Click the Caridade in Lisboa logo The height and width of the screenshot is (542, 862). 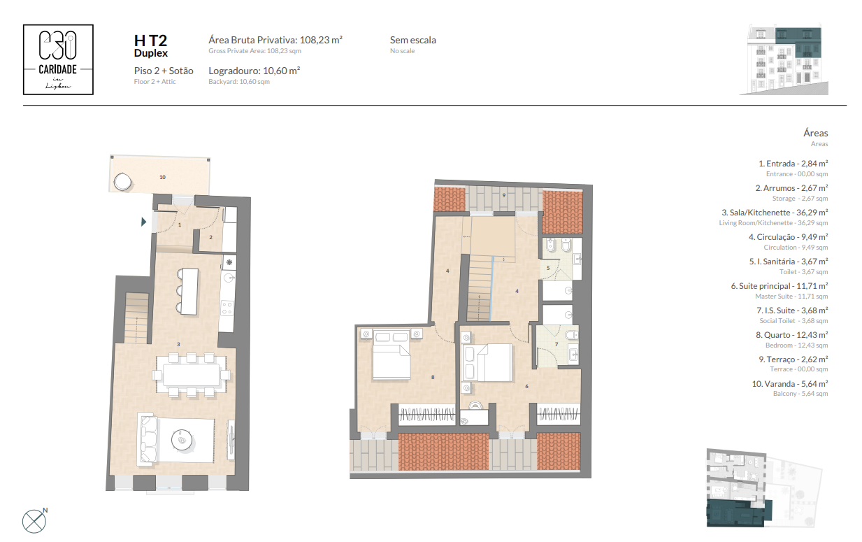tap(58, 59)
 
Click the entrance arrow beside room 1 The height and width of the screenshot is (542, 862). tap(143, 222)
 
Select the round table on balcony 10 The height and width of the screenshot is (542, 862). tap(123, 182)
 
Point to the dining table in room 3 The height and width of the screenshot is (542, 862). tap(192, 375)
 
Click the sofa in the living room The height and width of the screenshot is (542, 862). tap(148, 438)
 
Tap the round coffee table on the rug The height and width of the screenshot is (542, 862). tap(182, 440)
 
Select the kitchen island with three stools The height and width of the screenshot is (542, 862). tap(189, 292)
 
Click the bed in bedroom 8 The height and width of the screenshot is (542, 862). tap(392, 354)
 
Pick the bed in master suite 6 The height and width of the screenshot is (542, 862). tap(487, 363)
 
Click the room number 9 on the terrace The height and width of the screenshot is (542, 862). tap(504, 195)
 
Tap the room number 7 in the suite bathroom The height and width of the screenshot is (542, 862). tap(556, 344)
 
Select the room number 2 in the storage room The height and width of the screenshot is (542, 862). tap(211, 237)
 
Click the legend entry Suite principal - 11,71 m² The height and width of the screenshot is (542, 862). tap(780, 286)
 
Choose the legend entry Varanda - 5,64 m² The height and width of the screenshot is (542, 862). tap(790, 384)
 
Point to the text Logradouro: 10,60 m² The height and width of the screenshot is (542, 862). tap(254, 71)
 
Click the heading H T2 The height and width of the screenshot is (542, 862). tap(150, 41)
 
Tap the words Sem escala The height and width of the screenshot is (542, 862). tap(413, 40)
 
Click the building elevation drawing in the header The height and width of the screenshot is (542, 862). tap(784, 60)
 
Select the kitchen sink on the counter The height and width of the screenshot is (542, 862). tap(230, 277)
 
